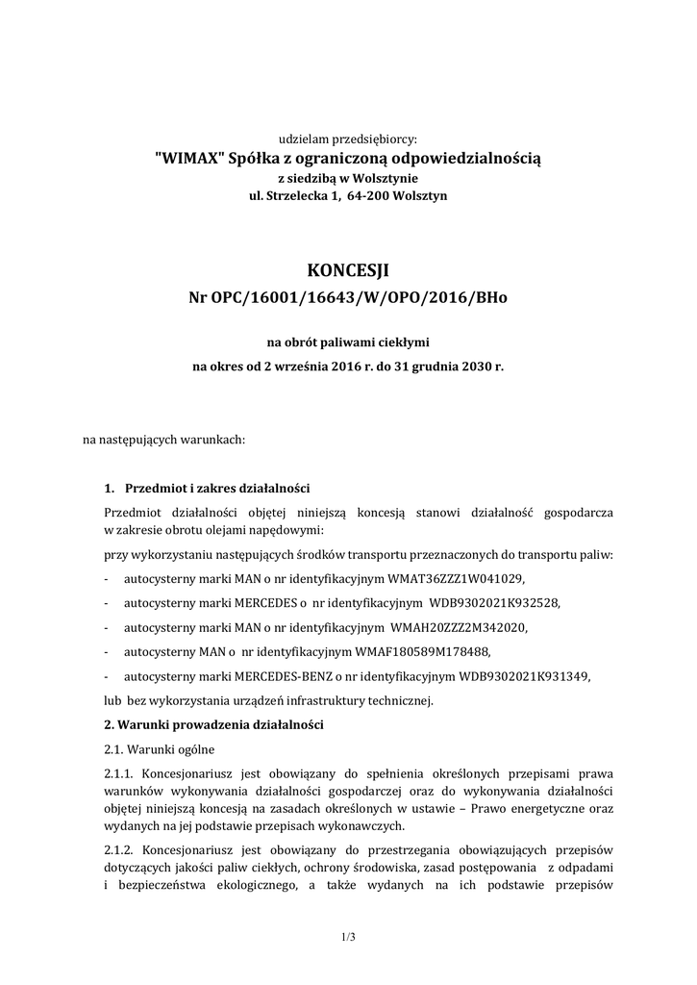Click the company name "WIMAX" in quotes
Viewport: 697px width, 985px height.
point(185,158)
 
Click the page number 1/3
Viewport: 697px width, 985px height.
point(348,935)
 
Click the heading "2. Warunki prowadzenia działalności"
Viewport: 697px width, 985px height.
point(213,724)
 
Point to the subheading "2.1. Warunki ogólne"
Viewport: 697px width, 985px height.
point(160,749)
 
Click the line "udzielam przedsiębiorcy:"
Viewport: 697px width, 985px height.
point(348,139)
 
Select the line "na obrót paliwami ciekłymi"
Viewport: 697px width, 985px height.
point(348,341)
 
